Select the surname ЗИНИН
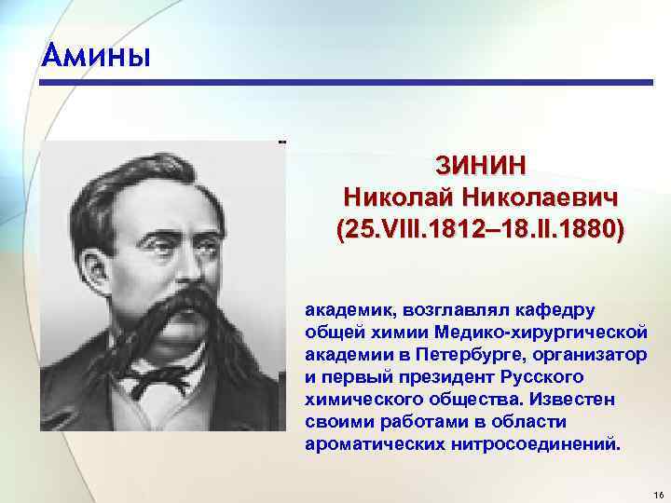point(481,166)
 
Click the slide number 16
point(657,492)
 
